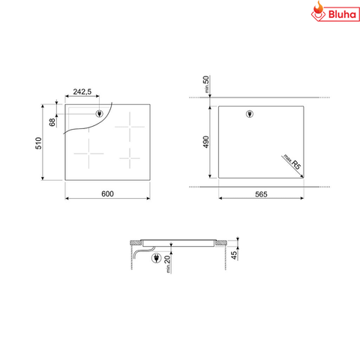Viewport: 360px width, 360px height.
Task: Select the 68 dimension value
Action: click(52, 121)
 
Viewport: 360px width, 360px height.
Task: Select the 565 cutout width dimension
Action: click(261, 194)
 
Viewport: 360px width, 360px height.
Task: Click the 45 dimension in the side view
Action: click(235, 255)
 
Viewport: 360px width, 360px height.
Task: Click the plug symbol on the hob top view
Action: click(100, 114)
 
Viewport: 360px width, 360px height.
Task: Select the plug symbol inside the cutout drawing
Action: click(250, 114)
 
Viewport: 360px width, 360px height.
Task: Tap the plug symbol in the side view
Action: click(157, 259)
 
